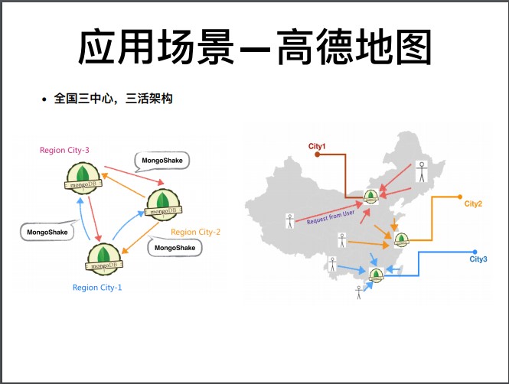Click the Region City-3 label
click(65, 150)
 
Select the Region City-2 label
click(195, 232)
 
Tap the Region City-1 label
click(97, 288)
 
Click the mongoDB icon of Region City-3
click(82, 176)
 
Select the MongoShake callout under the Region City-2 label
click(175, 248)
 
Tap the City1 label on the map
click(317, 145)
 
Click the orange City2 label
click(473, 204)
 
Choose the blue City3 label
click(478, 260)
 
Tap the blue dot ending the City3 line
click(475, 252)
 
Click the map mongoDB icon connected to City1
click(371, 197)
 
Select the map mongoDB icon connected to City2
click(401, 240)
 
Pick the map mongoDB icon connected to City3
click(376, 275)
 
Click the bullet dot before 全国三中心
click(44, 100)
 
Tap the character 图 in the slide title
click(406, 48)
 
